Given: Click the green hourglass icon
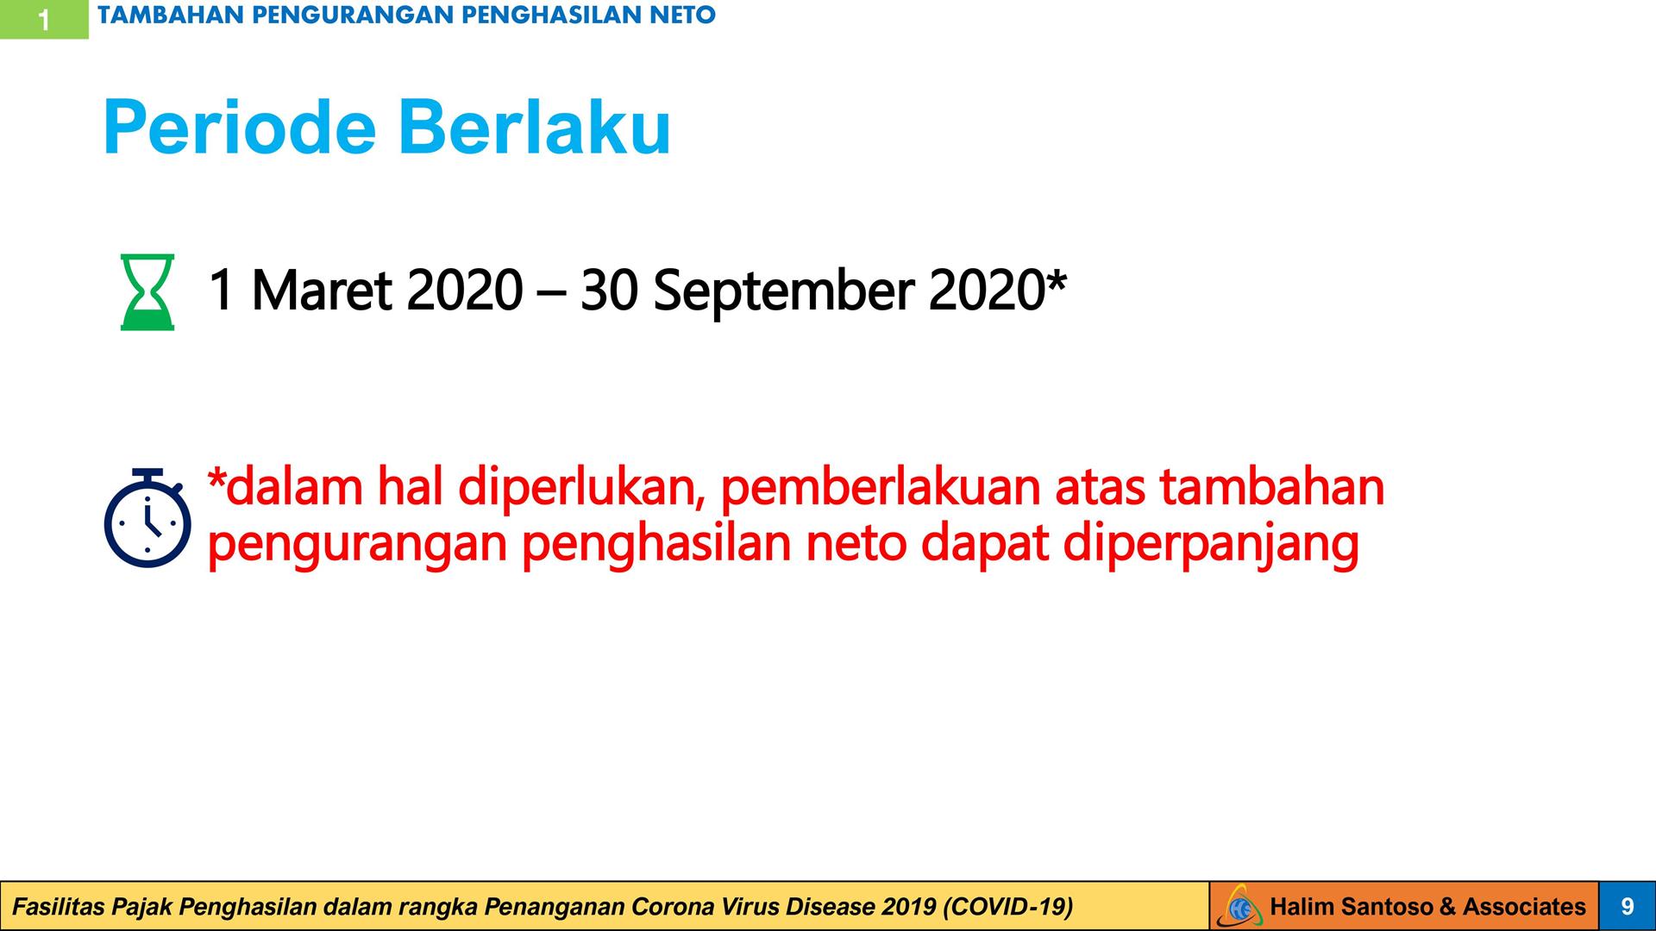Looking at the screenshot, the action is coord(147,292).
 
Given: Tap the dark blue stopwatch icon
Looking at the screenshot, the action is coord(147,518).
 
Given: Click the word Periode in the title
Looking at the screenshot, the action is coord(240,128).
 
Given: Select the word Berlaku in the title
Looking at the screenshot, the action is coord(534,128).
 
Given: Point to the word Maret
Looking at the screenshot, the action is coord(322,291).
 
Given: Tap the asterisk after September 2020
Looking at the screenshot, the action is coord(1057,280).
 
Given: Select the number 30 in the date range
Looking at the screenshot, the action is coord(609,291).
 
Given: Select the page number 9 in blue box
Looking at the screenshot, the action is coord(1628,906).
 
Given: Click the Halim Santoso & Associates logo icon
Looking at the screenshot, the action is coord(1239,906).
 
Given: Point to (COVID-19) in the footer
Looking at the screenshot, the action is coord(1008,907).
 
